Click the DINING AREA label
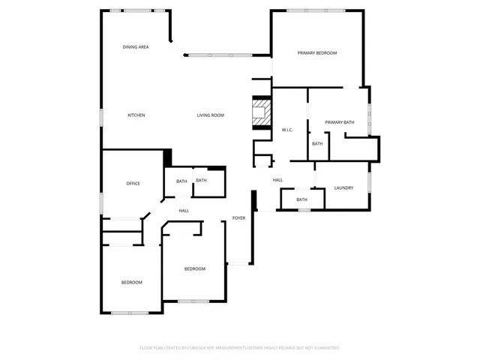tap(136, 47)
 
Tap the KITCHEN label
tap(136, 115)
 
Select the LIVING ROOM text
tap(211, 115)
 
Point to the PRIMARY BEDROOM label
tap(316, 53)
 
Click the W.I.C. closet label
tap(286, 130)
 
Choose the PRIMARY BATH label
tap(339, 122)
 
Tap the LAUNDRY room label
tap(343, 187)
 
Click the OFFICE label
tap(133, 184)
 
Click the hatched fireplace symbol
tap(261, 114)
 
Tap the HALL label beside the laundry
tap(277, 180)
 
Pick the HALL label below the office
tap(184, 211)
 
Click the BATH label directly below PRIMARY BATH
tap(317, 144)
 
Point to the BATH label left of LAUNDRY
tap(301, 199)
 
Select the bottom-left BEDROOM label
tap(132, 282)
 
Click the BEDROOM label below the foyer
tap(195, 268)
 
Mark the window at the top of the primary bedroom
tap(316, 10)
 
